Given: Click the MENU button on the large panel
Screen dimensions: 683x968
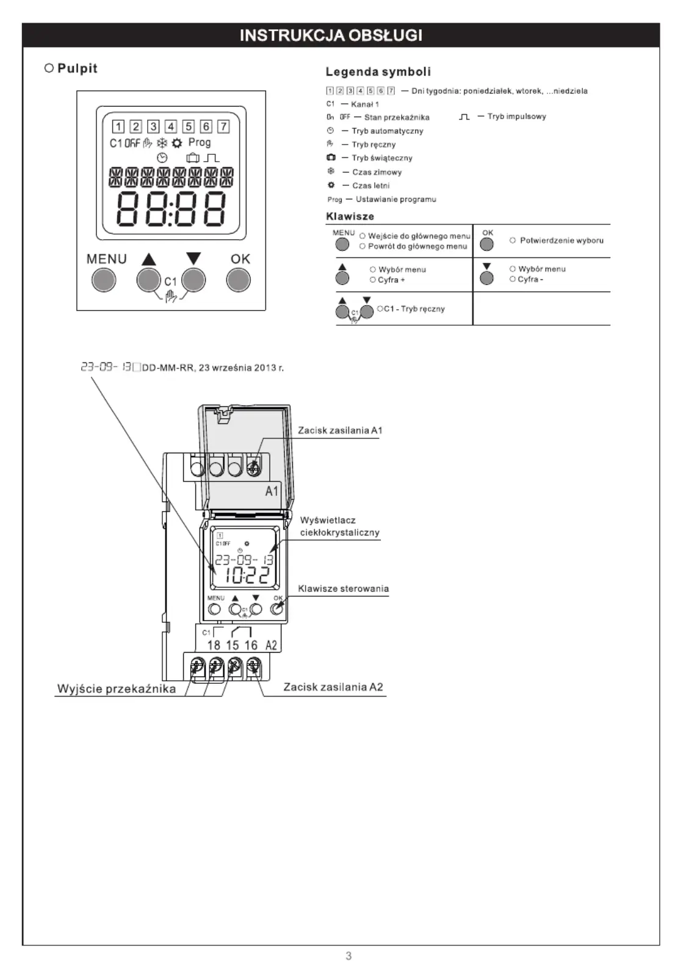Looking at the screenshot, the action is pos(104,280).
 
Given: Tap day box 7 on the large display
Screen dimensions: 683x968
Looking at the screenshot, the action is pos(223,126).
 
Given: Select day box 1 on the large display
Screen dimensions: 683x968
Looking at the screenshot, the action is pos(118,126).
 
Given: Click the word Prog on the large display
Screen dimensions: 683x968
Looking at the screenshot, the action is pos(200,142).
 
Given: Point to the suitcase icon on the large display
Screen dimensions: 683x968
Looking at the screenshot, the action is pos(192,158).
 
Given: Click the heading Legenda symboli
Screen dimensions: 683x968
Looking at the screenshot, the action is pos(378,72).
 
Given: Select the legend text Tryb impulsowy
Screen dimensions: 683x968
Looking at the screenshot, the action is pos(516,117).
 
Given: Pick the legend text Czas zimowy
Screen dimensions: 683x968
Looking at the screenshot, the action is pos(377,172).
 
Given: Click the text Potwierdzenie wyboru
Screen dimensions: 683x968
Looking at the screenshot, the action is pos(562,240).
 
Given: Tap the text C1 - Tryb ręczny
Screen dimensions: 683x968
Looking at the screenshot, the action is pos(414,309).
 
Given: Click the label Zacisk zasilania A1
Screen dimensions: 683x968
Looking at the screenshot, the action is pos(341,431).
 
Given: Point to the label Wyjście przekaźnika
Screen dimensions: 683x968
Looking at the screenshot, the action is pos(117,689).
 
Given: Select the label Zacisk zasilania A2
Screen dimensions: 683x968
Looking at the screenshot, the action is pos(333,687).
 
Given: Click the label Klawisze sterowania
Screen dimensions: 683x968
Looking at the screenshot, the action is pos(344,589).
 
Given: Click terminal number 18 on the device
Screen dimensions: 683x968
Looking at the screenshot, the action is pos(214,645).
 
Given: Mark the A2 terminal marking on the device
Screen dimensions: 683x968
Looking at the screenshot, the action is pos(271,645).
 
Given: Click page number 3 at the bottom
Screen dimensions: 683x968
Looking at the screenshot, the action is pos(349,956).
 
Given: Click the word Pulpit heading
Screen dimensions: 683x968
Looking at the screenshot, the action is pos(78,68).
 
